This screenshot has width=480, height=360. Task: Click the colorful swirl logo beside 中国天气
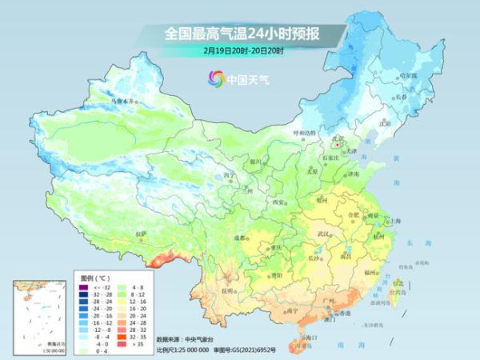click(215, 78)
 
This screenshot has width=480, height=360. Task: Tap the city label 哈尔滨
click(407, 75)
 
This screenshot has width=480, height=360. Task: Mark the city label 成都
click(240, 238)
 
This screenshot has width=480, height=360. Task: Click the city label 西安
click(278, 202)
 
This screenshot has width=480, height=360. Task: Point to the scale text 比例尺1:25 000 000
click(182, 349)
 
